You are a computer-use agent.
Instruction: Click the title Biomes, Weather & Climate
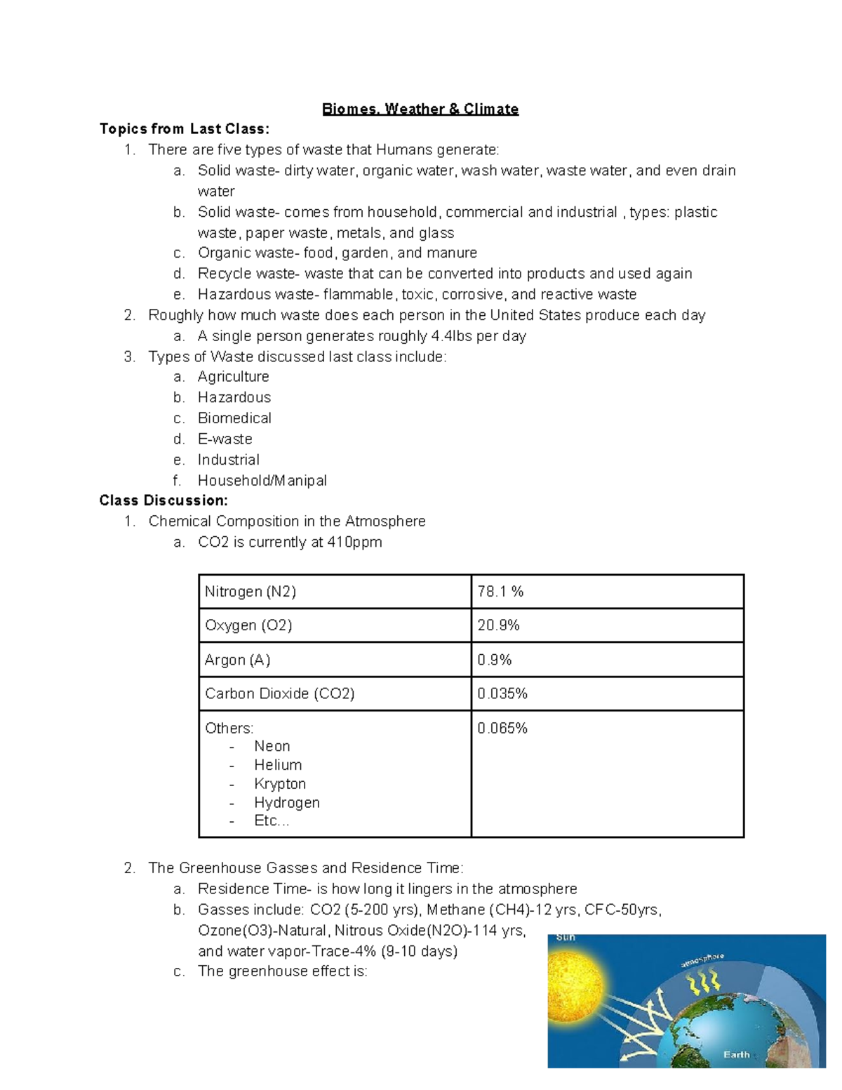coord(420,109)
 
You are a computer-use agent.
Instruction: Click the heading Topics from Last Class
coord(184,128)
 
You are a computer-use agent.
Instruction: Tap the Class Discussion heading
coord(163,500)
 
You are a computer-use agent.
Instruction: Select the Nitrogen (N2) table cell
coord(250,592)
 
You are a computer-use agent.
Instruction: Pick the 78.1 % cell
coord(500,592)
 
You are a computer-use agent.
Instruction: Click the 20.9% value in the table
coord(498,625)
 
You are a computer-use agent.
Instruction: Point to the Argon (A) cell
coord(237,660)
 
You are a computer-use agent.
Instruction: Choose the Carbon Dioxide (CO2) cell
coord(279,693)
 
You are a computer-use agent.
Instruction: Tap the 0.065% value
coord(502,729)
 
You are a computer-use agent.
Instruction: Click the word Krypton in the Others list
coord(280,783)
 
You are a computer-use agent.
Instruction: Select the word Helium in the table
coord(278,765)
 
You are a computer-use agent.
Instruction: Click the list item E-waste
coord(225,439)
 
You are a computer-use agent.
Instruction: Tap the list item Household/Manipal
coord(262,481)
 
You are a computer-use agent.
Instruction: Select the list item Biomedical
coord(234,418)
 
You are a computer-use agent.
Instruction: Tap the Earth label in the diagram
coord(736,1054)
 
